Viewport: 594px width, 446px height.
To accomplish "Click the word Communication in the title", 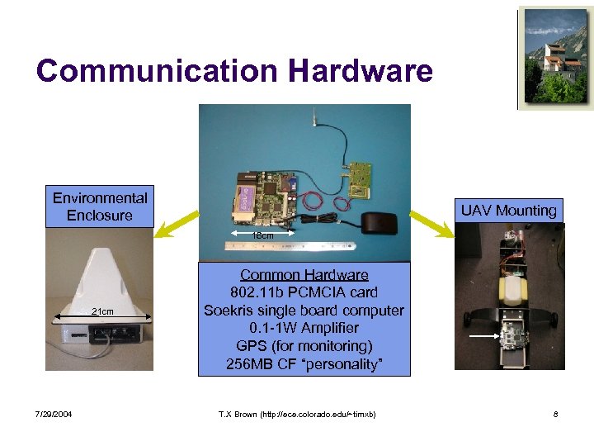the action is click(x=158, y=71).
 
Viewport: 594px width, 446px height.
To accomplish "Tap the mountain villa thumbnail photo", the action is click(x=555, y=59).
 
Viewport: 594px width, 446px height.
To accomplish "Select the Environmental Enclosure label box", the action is click(x=100, y=206).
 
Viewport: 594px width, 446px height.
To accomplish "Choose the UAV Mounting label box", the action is click(x=508, y=211).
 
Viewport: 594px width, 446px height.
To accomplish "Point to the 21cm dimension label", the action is click(x=102, y=311).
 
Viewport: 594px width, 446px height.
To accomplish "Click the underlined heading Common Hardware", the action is click(x=304, y=275).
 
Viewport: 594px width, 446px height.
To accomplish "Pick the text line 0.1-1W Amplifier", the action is click(x=304, y=328).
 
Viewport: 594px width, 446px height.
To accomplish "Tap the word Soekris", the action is click(x=233, y=311).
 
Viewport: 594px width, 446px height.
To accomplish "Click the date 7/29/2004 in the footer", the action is click(x=54, y=413).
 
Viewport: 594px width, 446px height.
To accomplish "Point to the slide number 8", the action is click(x=556, y=413).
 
